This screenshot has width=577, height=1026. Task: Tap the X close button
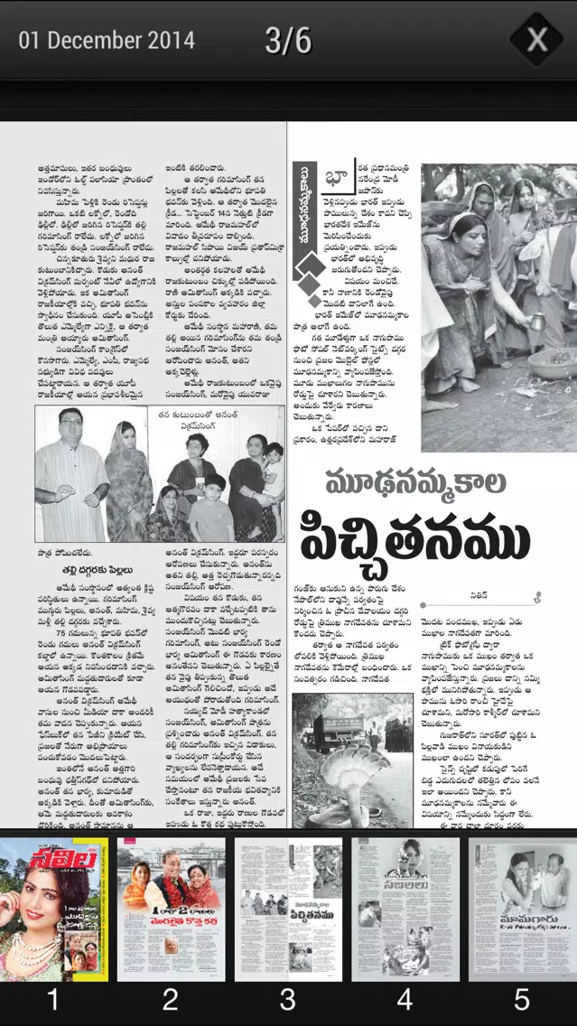click(537, 40)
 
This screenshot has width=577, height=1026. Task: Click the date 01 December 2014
click(107, 41)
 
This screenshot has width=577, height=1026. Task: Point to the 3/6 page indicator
click(288, 41)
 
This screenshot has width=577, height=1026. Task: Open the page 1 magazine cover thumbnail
click(53, 909)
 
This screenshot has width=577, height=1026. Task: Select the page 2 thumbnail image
click(171, 909)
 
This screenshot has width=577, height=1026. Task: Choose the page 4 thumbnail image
click(405, 909)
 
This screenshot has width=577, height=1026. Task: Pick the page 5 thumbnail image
click(522, 909)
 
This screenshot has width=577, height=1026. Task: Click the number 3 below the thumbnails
click(287, 1000)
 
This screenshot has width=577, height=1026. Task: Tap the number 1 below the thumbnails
click(53, 1000)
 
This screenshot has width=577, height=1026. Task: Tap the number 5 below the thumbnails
click(522, 1000)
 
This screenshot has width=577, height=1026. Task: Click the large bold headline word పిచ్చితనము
click(415, 538)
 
